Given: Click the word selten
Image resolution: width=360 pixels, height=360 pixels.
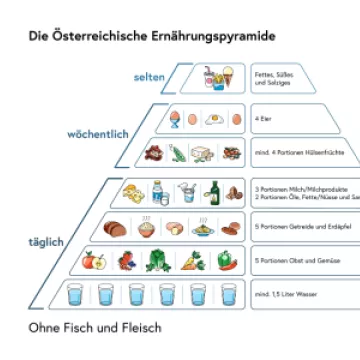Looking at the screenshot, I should click(147, 76).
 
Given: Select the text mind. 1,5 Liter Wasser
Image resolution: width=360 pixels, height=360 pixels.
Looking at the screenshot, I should click(285, 295).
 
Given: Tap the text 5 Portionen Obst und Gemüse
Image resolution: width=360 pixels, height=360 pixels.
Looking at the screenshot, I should click(289, 261).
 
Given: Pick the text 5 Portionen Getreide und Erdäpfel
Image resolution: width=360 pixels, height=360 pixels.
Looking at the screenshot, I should click(291, 226).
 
